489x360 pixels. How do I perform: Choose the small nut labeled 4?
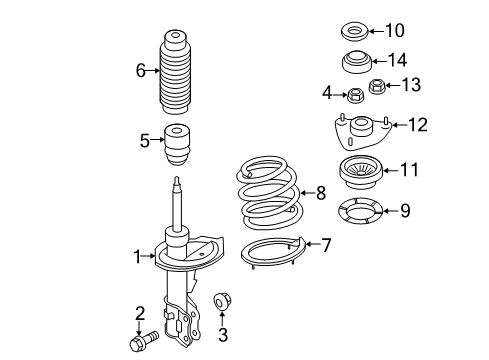[x=354, y=97]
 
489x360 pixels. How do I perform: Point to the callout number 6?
[x=141, y=70]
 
